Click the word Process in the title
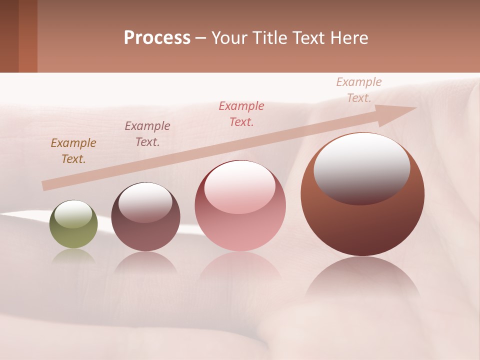[157, 38]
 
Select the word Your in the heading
[229, 38]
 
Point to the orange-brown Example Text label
[73, 151]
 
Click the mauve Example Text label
[147, 134]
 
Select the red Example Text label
[241, 113]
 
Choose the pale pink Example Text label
[359, 90]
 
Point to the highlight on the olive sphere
[73, 214]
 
